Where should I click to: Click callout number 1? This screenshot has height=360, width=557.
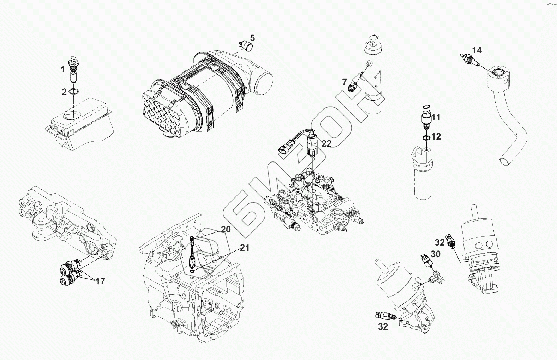pyautogui.click(x=63, y=69)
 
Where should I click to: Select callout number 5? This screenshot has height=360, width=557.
pyautogui.click(x=253, y=38)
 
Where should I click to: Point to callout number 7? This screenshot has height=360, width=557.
pyautogui.click(x=345, y=82)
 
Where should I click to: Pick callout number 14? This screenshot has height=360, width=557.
pyautogui.click(x=477, y=50)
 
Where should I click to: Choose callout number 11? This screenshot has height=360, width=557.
pyautogui.click(x=436, y=117)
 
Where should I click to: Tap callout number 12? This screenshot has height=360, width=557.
pyautogui.click(x=436, y=136)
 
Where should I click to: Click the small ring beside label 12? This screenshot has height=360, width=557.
pyautogui.click(x=426, y=137)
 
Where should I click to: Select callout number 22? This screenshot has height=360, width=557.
pyautogui.click(x=327, y=143)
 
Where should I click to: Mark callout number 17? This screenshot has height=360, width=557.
pyautogui.click(x=100, y=281)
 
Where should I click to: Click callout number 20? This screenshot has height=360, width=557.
pyautogui.click(x=226, y=229)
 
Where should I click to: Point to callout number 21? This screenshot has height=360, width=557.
pyautogui.click(x=245, y=248)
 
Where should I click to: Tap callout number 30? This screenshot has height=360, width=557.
pyautogui.click(x=436, y=254)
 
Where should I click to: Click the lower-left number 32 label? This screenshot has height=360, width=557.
pyautogui.click(x=383, y=326)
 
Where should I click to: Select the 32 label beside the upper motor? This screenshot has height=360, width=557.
pyautogui.click(x=439, y=242)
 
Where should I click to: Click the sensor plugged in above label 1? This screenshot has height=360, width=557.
pyautogui.click(x=73, y=63)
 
